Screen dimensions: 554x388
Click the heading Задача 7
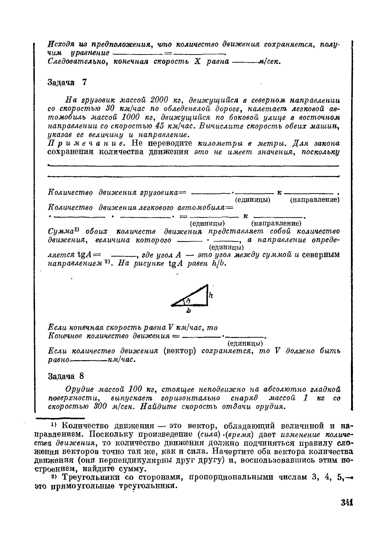(67, 82)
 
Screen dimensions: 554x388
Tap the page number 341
(347, 502)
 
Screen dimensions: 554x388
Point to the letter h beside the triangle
(211, 295)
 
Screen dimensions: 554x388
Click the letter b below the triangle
(189, 311)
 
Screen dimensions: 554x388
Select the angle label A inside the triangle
(188, 300)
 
